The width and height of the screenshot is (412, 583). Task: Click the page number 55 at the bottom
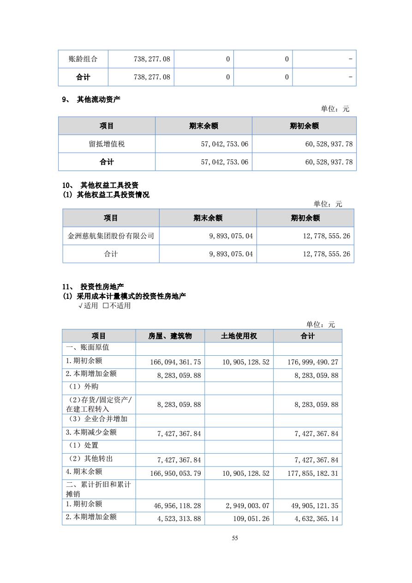pos(235,538)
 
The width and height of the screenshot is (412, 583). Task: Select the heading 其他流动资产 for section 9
pos(98,99)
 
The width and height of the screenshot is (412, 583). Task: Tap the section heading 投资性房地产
pos(102,287)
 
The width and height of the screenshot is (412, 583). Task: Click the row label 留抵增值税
pos(107,144)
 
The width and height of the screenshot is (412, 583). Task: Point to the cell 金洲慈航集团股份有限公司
pos(111,236)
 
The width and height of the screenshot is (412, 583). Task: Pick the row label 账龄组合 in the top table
pos(83,59)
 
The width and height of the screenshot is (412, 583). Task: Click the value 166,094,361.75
pos(175,362)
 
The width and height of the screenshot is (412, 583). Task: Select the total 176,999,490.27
pos(313,362)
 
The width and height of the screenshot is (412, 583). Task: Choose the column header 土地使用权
pos(239,336)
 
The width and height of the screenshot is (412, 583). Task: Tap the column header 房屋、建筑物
pos(170,336)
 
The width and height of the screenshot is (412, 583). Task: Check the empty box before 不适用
pos(106,306)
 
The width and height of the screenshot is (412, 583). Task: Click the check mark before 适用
pos(80,306)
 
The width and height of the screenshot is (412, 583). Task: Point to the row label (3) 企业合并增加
pos(98,419)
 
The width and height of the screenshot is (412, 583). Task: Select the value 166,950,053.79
pos(175,474)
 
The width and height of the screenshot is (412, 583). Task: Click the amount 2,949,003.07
pos(247,506)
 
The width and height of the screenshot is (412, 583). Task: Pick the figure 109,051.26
pos(252,519)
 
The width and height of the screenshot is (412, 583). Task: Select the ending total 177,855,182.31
pos(313,474)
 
